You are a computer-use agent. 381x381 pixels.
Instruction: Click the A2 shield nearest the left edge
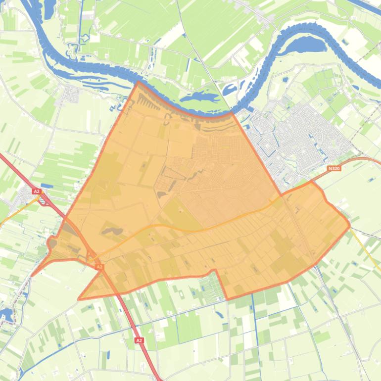(36, 191)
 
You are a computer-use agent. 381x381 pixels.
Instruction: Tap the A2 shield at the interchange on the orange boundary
(99, 267)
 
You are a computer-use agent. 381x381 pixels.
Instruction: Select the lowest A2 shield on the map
(139, 340)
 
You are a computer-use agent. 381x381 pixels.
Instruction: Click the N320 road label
(334, 168)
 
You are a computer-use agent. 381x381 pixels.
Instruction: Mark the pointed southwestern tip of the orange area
(79, 299)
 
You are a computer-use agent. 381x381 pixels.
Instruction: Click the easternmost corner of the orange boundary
(349, 225)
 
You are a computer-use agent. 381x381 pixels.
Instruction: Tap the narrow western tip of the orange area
(32, 276)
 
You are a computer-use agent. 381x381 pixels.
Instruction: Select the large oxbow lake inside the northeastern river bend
(303, 46)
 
